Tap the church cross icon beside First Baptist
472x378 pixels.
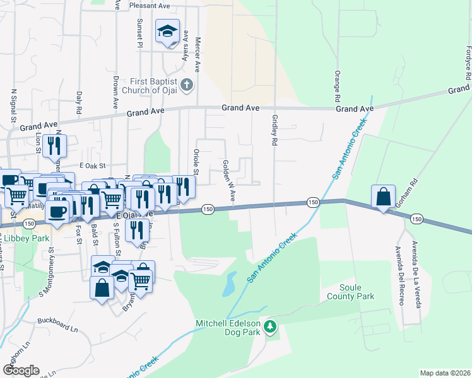coord(186,84)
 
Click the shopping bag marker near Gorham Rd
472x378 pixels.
coord(383,197)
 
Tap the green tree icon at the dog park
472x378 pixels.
coord(270,326)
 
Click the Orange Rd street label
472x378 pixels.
coord(337,86)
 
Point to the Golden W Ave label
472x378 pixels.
coord(228,181)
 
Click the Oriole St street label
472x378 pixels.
coord(196,163)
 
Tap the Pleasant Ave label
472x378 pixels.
coord(150,5)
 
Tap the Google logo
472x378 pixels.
coord(21,370)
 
